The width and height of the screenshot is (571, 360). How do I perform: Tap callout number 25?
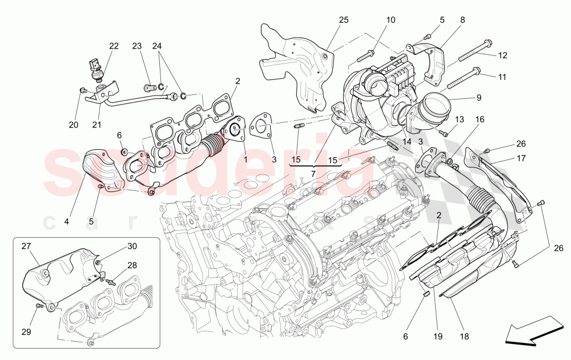pos(343,20)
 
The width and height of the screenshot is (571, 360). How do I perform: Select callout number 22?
pos(114,46)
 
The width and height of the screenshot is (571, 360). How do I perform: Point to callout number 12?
pos(502,55)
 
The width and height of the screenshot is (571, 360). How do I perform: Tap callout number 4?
pos(67,221)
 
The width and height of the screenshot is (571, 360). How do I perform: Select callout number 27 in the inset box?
pos(26,246)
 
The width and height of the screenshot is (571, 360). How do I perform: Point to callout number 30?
pos(132,246)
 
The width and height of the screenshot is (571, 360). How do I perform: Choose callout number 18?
pos(464,337)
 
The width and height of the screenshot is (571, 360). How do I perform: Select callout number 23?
pos(136,46)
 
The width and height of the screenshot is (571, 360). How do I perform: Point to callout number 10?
pos(391,20)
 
